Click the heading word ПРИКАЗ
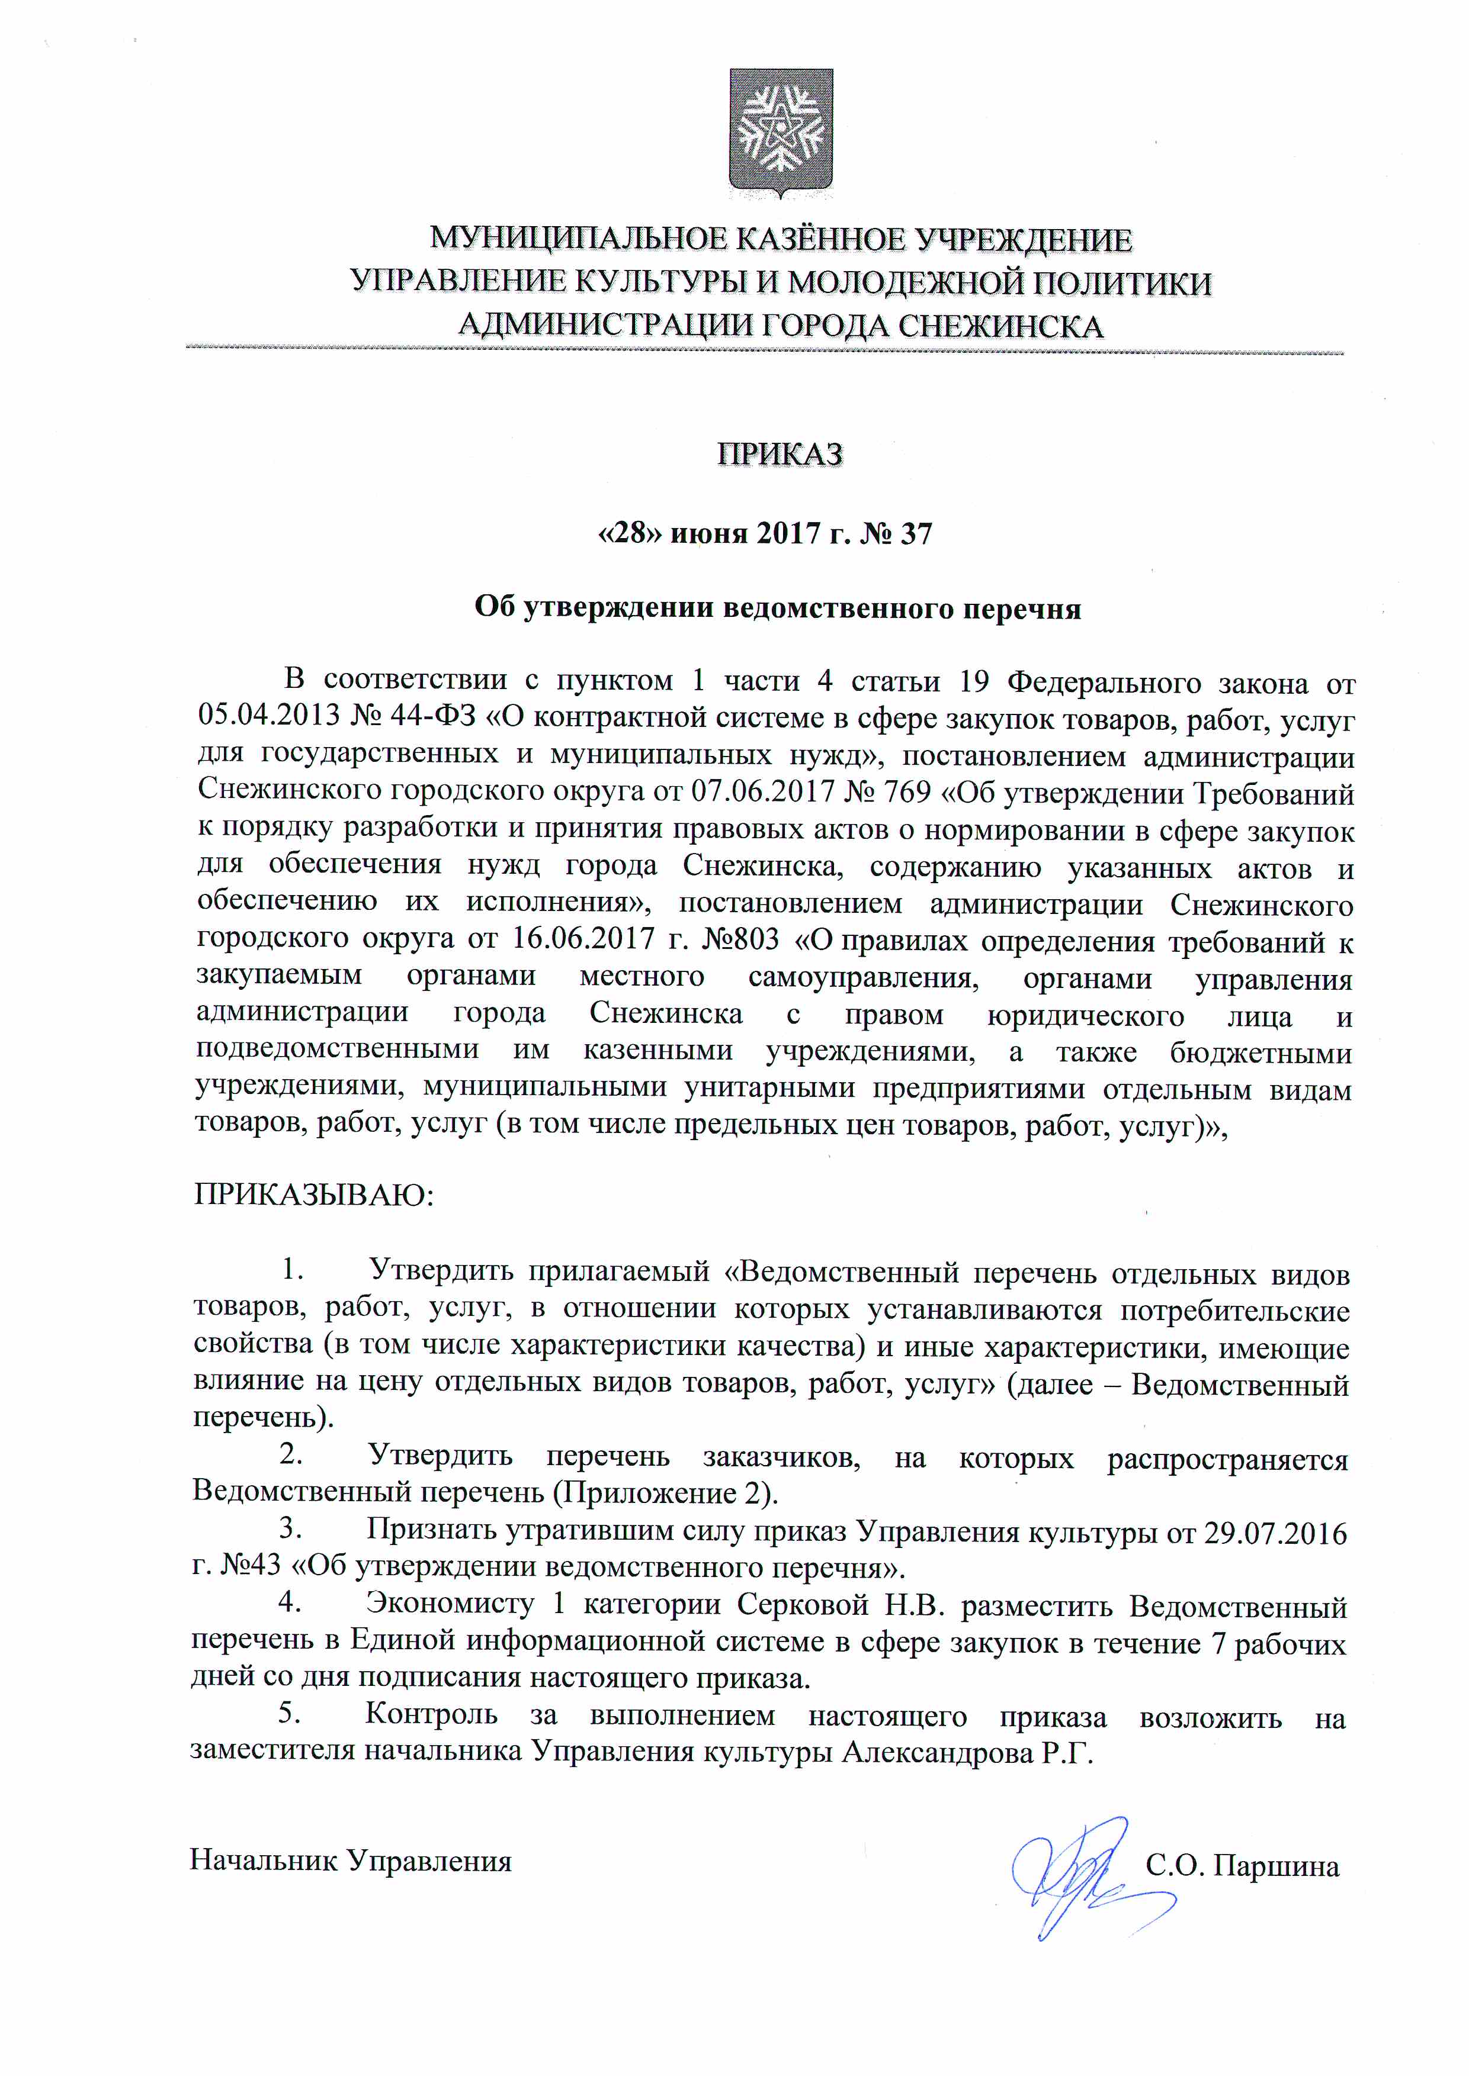pos(780,454)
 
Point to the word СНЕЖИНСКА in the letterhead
pos(1000,326)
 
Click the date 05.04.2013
pos(268,717)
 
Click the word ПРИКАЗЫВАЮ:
pos(314,1195)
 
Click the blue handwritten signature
pos(1086,1874)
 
